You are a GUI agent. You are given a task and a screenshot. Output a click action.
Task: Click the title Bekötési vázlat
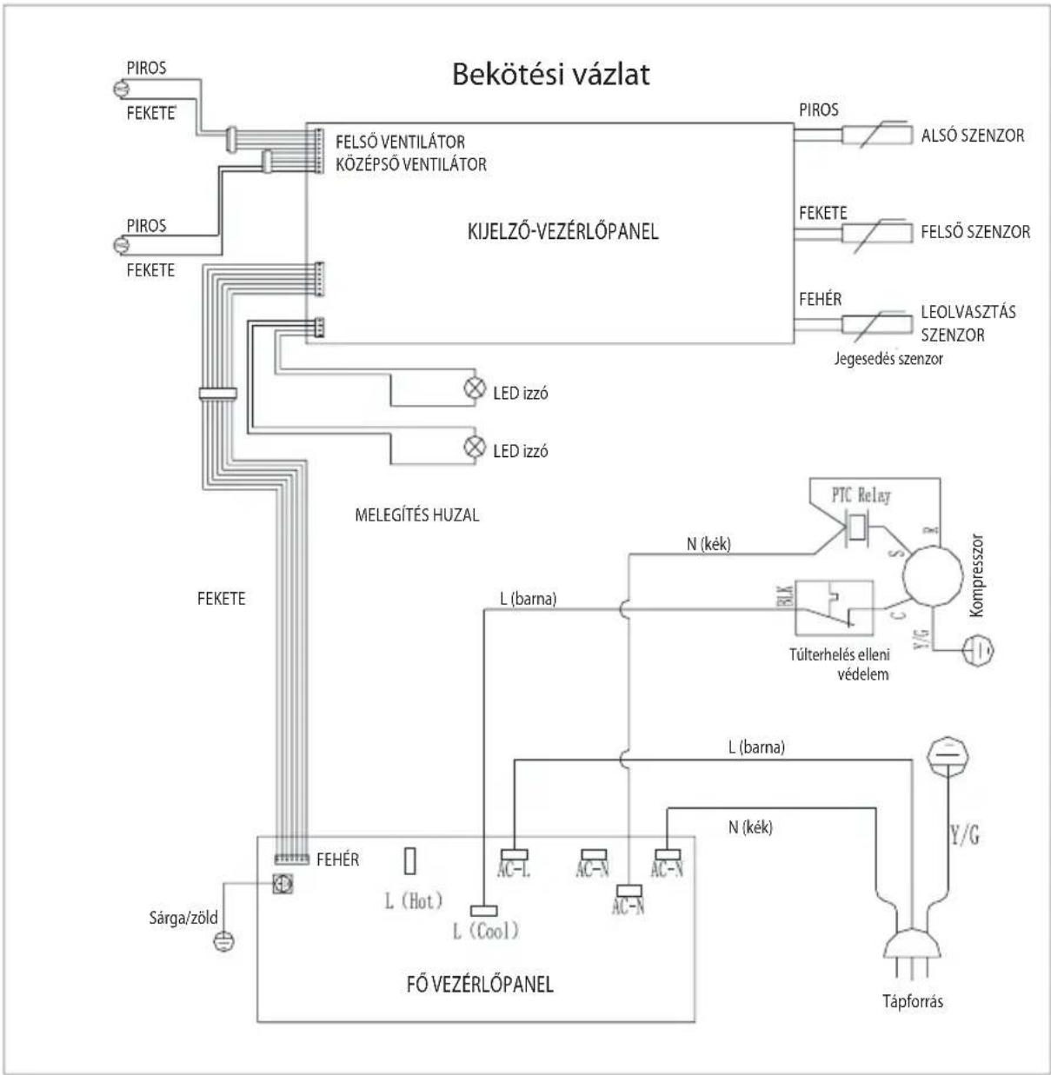coord(551,75)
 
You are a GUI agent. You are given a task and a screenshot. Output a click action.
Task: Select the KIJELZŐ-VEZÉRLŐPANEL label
coord(563,231)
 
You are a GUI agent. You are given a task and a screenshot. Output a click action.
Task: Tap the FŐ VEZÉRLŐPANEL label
coord(480,984)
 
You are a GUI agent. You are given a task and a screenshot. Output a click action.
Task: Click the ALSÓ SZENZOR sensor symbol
coord(877,135)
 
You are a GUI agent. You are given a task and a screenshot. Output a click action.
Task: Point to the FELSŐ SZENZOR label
coord(975,231)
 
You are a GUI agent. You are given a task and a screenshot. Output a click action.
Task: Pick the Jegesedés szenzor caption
coord(888,359)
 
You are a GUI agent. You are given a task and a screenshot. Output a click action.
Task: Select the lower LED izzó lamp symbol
coord(475,447)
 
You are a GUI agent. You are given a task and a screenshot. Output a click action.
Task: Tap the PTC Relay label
coord(861,495)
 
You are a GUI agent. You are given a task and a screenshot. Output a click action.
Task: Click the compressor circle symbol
coord(933,576)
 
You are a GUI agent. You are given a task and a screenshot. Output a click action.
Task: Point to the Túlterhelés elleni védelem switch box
coord(835,607)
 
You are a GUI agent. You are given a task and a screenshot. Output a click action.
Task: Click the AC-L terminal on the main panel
coord(515,854)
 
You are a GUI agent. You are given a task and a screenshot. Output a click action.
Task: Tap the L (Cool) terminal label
coord(486,931)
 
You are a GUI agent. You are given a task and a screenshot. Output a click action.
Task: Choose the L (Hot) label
coord(414,901)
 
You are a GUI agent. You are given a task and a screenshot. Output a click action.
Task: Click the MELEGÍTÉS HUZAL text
coord(416,514)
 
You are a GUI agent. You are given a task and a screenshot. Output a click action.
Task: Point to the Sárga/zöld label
coord(183,918)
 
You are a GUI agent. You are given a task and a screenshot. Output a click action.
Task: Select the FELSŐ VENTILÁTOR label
coord(400,142)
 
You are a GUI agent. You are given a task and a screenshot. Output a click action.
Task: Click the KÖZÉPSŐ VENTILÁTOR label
coord(411,164)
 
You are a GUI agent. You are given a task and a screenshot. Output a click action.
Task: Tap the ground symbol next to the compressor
coord(978,649)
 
